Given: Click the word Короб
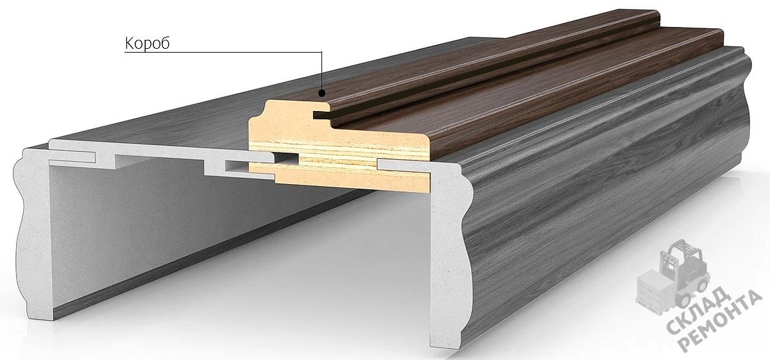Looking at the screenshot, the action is [147, 44].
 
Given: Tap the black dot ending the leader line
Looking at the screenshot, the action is [321, 93].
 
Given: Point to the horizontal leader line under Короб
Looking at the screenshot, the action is [223, 52].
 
